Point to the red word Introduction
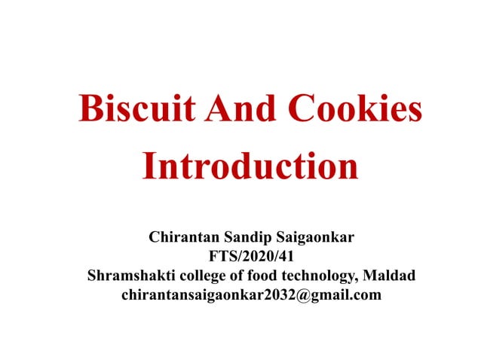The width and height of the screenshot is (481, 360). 250,166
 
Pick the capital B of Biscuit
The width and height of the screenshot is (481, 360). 90,110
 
